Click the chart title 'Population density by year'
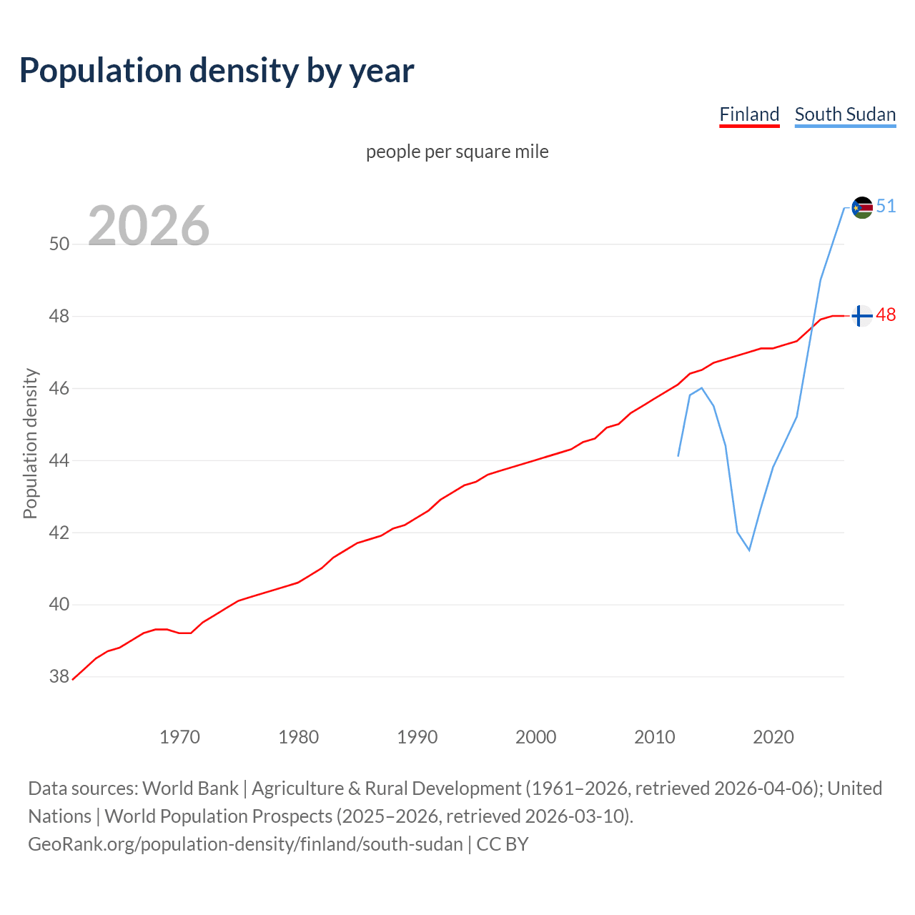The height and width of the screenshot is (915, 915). click(x=217, y=71)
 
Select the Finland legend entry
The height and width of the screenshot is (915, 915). click(x=748, y=114)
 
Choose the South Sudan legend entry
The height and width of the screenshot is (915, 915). click(x=845, y=114)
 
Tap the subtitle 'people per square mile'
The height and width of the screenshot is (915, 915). click(x=457, y=152)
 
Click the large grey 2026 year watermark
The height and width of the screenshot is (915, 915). click(x=149, y=226)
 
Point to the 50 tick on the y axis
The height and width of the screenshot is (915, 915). click(x=59, y=244)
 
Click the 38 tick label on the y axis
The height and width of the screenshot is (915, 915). click(x=59, y=676)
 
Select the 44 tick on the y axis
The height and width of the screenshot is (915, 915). click(x=59, y=460)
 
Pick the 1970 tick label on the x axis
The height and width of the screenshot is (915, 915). click(x=179, y=737)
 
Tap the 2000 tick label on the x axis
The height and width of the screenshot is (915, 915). click(x=535, y=737)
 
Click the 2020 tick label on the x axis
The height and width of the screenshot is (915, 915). click(x=773, y=737)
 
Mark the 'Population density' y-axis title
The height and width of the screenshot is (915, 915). click(x=30, y=443)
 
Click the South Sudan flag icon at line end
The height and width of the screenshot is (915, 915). click(x=862, y=207)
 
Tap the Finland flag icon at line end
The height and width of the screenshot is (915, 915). click(x=862, y=315)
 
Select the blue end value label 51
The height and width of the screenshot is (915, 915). click(x=886, y=207)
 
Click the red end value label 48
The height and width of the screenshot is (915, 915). click(x=886, y=315)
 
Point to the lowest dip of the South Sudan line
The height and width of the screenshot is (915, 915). click(x=749, y=550)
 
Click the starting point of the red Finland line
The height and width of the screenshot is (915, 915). click(x=73, y=679)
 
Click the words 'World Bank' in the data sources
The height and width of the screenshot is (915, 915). click(x=190, y=788)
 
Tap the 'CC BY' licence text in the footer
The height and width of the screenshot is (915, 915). click(x=502, y=844)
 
